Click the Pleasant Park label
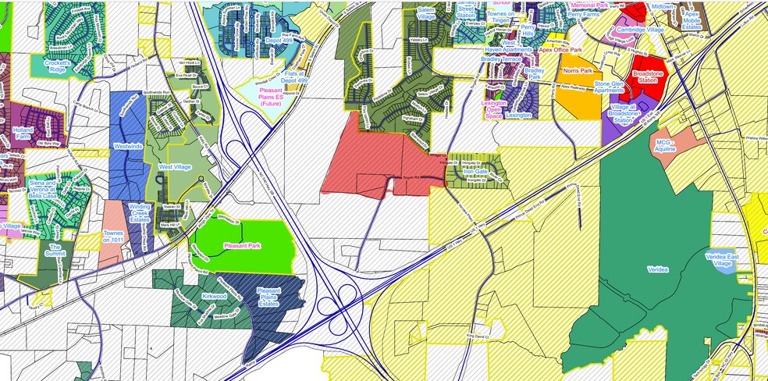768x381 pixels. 242,246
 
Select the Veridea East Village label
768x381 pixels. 727,260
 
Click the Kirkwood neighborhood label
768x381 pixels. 213,297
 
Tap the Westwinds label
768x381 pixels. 128,146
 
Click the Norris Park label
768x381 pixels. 578,70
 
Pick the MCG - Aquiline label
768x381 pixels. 664,147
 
